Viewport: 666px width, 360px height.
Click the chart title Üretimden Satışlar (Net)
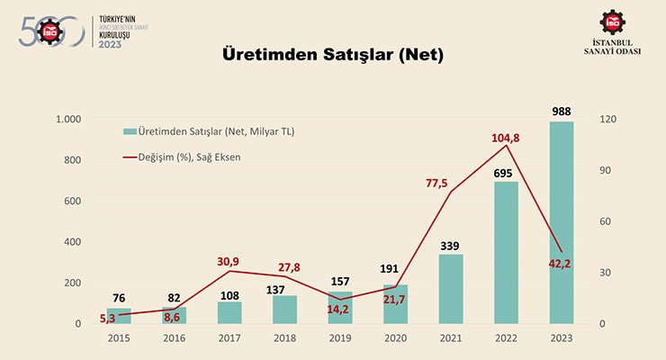333,55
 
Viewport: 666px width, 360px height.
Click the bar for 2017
229,311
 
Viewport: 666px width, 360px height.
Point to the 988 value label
562,112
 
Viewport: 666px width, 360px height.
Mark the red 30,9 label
229,261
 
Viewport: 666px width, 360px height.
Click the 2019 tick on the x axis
340,340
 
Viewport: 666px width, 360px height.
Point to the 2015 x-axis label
119,340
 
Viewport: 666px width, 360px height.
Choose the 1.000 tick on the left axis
68,120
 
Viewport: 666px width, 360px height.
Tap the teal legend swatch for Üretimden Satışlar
130,131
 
